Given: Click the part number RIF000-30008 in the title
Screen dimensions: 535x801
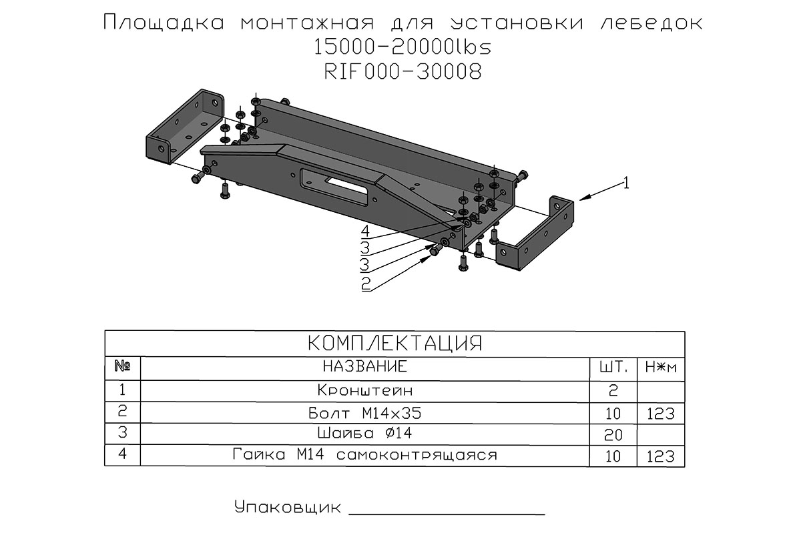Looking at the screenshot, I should (402, 71).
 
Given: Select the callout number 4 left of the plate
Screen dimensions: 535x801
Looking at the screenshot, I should (365, 231).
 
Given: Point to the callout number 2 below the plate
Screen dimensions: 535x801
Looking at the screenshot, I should (365, 284).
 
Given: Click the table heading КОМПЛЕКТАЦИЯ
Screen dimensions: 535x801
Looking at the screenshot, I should (394, 344).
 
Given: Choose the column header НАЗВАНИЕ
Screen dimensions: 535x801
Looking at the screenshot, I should (364, 367).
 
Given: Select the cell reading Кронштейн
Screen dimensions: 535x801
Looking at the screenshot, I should (365, 390).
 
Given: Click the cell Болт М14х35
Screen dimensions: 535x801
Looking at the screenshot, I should (365, 413).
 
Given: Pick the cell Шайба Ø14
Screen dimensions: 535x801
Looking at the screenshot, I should (365, 434).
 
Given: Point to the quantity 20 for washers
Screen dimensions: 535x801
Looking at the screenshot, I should (613, 435).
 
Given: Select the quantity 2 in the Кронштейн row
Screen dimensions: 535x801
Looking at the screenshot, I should (613, 390).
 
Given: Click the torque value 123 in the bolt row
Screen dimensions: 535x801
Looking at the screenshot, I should (661, 414).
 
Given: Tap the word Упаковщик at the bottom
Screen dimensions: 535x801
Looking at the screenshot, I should (283, 508).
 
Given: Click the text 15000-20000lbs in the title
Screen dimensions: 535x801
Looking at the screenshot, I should (402, 47).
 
